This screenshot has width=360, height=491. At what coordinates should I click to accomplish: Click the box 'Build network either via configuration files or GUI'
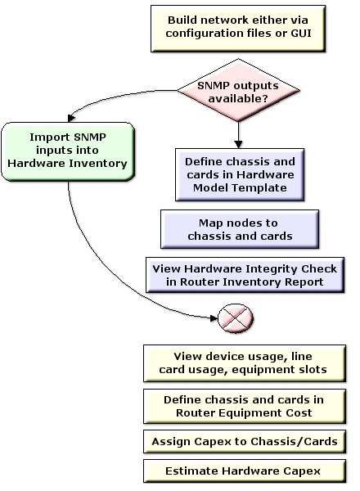point(240,28)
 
